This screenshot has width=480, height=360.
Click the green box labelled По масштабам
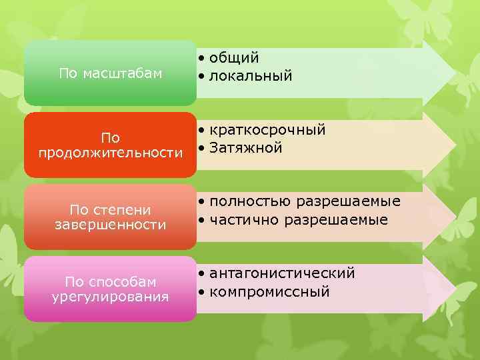coord(110,73)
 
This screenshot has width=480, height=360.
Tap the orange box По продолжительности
coord(110,145)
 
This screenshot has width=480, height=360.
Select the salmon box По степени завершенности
coord(110,217)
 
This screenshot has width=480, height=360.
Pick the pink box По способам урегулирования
coord(110,289)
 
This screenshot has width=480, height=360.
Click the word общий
coord(233,59)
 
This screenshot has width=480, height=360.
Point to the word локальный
coord(250,77)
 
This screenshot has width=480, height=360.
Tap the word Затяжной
coord(245,148)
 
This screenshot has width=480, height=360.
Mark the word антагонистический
coord(282,273)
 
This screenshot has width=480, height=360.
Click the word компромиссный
coord(269,292)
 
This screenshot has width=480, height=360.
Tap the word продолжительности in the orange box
coord(111,153)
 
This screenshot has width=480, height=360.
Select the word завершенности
coord(111,225)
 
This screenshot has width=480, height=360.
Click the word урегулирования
coord(111,297)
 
